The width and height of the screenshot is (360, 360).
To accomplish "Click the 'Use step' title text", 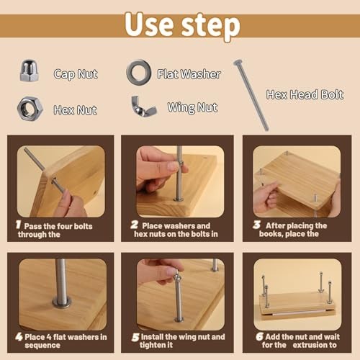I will tap(180, 24).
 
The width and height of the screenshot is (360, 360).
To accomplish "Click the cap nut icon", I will tap(30, 71).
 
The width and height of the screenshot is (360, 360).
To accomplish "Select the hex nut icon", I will tap(30, 108).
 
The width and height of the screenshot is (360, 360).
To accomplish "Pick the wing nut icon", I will tap(143, 107).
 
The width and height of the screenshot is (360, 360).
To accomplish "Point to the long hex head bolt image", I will tap(251, 94).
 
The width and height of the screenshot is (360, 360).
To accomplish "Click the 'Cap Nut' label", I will tap(76, 73).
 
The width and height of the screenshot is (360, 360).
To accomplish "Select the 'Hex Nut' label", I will tap(75, 110).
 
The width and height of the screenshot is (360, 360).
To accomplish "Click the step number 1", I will tap(19, 225).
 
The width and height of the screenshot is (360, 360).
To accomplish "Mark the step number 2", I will tap(135, 225).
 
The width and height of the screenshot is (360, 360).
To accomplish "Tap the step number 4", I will tap(19, 336).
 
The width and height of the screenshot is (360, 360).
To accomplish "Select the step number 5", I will tap(135, 336).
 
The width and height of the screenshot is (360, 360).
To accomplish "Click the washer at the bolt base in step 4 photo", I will tap(62, 302).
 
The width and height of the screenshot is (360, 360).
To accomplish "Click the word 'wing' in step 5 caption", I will tap(185, 336).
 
